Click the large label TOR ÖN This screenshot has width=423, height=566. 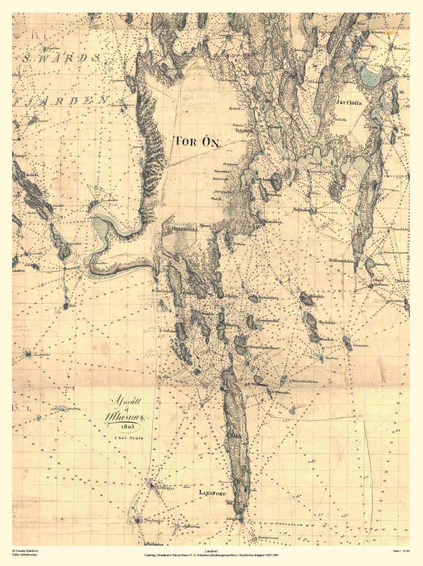(x=197, y=142)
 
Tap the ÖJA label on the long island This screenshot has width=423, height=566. (x=237, y=437)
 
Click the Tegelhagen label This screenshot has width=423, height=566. (x=244, y=131)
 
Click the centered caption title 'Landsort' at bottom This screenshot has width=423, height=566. (x=211, y=550)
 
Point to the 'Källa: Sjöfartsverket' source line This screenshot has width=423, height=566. (x=25, y=554)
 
